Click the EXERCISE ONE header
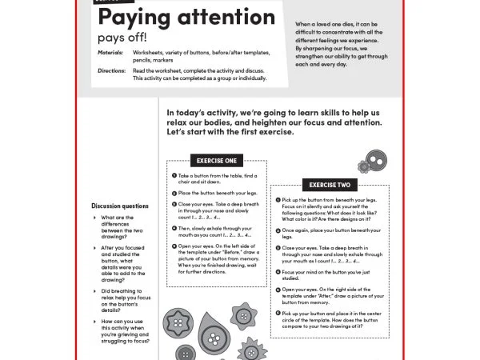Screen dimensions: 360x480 pos(217,161)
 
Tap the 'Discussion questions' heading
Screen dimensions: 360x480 pos(120,206)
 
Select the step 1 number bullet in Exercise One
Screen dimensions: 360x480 pos(174,175)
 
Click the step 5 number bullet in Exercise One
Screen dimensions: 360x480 pos(174,246)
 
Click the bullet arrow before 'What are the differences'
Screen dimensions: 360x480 pos(95,218)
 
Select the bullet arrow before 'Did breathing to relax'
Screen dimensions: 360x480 pos(95,292)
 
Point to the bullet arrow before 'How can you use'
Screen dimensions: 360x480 pos(95,322)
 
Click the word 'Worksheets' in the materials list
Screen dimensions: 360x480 pos(150,54)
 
